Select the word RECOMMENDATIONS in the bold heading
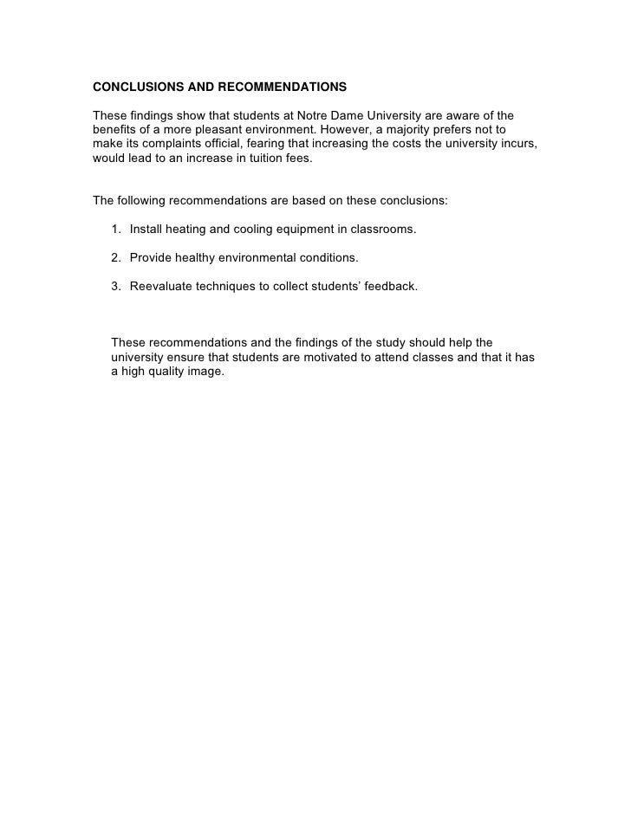point(277,87)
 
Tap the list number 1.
point(115,230)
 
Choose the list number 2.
point(115,258)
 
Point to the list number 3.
point(115,286)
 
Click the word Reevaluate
point(161,286)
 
